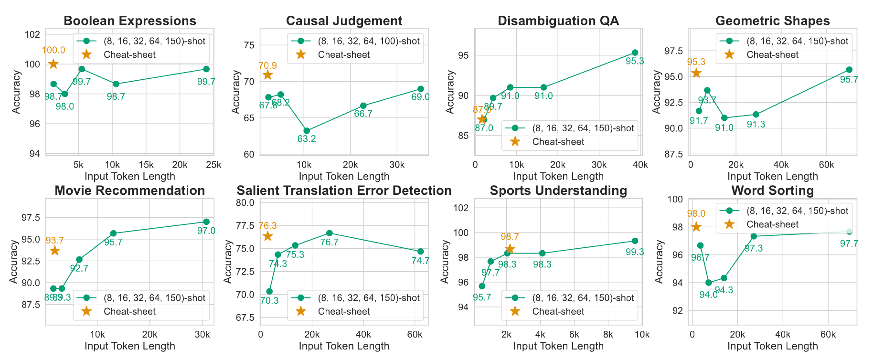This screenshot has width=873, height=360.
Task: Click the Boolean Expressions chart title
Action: pos(129,21)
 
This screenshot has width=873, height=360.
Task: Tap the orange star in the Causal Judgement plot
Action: pos(267,75)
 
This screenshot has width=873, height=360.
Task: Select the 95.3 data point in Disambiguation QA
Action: pos(635,53)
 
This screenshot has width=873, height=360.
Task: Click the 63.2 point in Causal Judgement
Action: pos(307,131)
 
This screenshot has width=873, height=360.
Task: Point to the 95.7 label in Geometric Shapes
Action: pos(849,80)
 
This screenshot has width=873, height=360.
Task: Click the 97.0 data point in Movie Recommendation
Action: pos(206,222)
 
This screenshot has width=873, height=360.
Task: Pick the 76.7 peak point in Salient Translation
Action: pos(329,233)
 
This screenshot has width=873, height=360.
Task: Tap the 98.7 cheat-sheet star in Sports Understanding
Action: pos(510,249)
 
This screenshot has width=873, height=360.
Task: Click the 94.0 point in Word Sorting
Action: pos(709,283)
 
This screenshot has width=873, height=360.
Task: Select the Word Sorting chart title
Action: pos(772,191)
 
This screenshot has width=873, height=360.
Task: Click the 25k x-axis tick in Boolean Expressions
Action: pos(213,165)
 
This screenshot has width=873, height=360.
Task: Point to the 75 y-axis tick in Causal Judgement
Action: pos(249,45)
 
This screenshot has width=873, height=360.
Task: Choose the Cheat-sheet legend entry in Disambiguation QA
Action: pos(558,142)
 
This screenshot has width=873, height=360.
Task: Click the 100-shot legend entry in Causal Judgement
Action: pos(368,41)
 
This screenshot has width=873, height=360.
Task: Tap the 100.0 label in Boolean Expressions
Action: pos(53,51)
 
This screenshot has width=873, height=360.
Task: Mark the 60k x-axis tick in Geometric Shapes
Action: pos(826,165)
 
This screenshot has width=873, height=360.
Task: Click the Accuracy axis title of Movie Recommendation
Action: pos(15,262)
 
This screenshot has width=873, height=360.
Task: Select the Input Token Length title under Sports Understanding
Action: pos(558,346)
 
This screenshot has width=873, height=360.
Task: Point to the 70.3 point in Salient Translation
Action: pos(269,291)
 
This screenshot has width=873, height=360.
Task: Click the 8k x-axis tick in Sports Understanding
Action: pos(608,335)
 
